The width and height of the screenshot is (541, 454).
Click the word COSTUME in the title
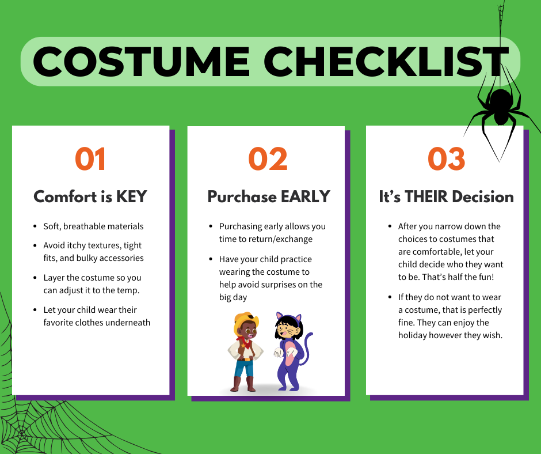[x=141, y=62]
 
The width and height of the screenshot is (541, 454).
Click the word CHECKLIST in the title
[x=386, y=62]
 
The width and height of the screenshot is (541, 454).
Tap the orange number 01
[x=90, y=159]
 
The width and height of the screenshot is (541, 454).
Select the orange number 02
[x=268, y=159]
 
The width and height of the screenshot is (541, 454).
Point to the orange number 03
[x=446, y=159]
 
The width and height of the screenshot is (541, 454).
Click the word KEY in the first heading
[x=131, y=196]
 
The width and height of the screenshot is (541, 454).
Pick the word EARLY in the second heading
[x=306, y=196]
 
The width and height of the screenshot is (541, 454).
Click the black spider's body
[x=501, y=105]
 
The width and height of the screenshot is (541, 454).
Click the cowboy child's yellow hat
[x=245, y=321]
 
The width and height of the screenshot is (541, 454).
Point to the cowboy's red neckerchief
[x=245, y=342]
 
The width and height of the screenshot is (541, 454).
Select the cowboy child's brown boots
[x=243, y=384]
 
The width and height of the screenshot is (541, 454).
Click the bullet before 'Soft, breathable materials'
[x=35, y=226]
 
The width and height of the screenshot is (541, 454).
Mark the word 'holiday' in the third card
[x=412, y=335]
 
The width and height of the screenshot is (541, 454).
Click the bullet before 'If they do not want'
[x=390, y=297]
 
